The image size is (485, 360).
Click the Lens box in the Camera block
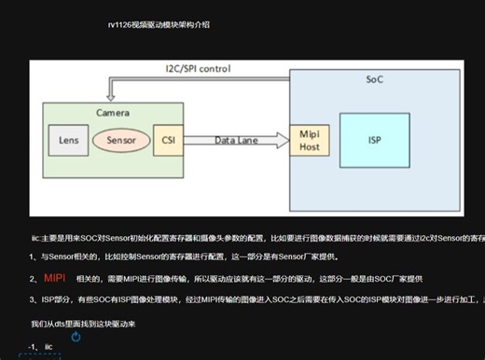pos(68,140)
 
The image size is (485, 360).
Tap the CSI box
pos(167,140)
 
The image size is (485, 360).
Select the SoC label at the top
pos(374,79)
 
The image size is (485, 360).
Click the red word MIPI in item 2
pos(54,278)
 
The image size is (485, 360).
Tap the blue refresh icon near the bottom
pos(76,337)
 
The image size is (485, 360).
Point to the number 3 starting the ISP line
pos(33,299)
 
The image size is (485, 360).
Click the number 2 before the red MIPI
pos(33,278)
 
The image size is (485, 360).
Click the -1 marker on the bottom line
pos(33,348)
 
